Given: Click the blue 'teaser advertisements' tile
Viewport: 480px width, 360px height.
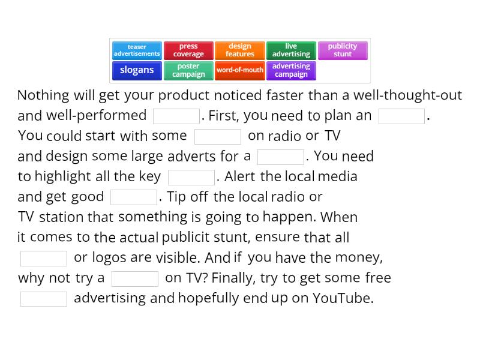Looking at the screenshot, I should point(137,50).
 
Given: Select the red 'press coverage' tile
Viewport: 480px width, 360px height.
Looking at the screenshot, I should point(188,50).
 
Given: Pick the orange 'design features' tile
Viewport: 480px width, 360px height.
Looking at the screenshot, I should point(240,50).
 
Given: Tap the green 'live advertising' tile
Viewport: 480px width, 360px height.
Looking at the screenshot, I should point(291,50).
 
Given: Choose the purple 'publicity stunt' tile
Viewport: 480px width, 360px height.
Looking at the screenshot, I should point(343,50).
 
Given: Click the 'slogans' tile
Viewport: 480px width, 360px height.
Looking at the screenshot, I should point(137,70).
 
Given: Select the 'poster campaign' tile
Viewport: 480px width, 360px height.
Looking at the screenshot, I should point(188,70).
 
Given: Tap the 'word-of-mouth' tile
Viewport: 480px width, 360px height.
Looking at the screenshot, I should point(240,70).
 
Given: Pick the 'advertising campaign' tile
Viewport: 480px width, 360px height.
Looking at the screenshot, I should point(291,70).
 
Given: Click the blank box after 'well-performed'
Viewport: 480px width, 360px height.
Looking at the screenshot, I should point(176,116).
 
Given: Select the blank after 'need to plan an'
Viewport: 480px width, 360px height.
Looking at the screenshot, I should point(402,116).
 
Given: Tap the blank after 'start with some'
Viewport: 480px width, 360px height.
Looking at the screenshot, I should point(218,136).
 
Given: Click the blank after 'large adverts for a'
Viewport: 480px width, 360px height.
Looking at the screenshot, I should point(281,157).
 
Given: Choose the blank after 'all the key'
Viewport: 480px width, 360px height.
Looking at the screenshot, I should point(191,177).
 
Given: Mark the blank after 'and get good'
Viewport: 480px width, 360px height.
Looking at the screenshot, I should point(134,197).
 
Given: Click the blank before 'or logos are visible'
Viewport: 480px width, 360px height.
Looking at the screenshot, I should point(44,258).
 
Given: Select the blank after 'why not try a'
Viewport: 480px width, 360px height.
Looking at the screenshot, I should point(135,278).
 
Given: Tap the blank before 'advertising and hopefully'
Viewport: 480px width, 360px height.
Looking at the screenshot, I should point(44,299).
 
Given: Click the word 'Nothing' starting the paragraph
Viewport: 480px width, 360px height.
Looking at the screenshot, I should point(43,95).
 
